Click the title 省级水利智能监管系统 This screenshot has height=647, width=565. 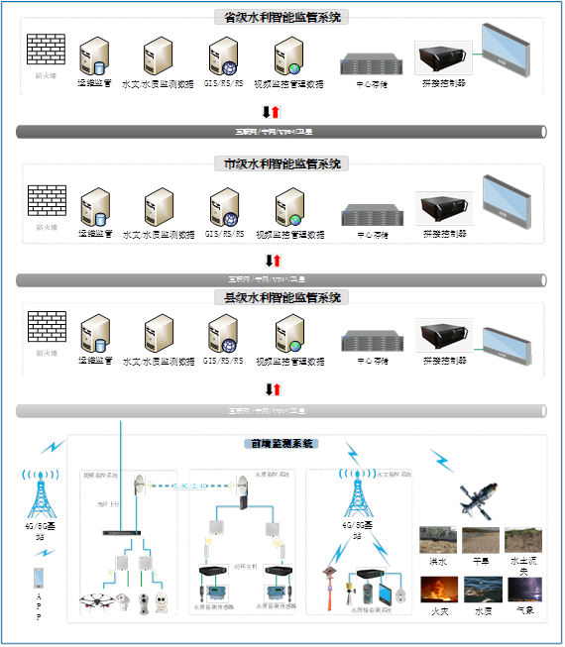[282, 17]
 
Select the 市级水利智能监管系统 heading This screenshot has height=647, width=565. [282, 163]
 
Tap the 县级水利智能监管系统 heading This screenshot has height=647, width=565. [282, 297]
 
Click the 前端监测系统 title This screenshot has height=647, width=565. [282, 444]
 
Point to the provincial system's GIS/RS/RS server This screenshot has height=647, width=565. [223, 56]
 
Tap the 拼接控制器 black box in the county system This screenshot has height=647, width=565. [443, 337]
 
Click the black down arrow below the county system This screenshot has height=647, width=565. [266, 389]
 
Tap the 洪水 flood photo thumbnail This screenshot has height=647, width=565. [437, 539]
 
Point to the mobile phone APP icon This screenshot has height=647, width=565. [39, 577]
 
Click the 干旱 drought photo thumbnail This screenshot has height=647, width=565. [481, 539]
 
